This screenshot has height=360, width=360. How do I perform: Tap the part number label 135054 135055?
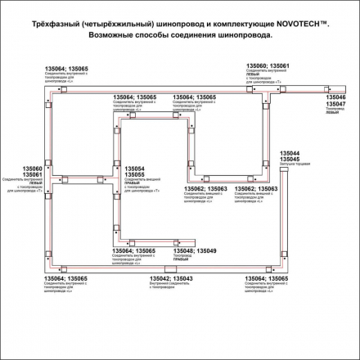[135, 171]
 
